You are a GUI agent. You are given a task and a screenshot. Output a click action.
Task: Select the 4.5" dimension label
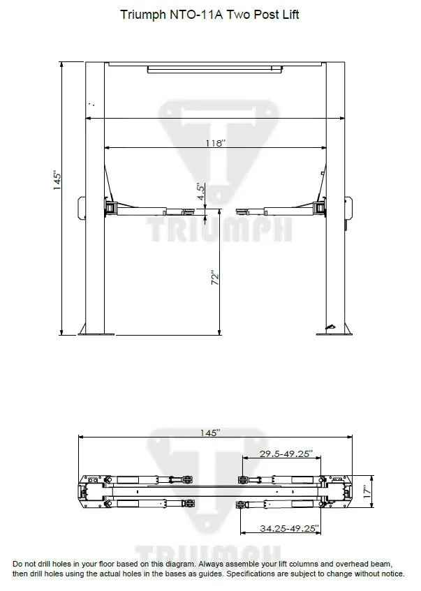pos(200,193)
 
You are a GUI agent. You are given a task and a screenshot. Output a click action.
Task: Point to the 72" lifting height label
pos(216,277)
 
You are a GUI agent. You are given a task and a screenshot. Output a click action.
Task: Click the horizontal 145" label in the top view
pos(209,433)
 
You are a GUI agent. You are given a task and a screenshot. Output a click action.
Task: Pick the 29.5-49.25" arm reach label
pos(286,454)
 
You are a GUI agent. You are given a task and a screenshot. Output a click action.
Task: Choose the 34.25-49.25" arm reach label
pos(288,529)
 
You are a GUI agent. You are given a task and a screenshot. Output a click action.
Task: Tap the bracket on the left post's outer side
pos(80,207)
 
